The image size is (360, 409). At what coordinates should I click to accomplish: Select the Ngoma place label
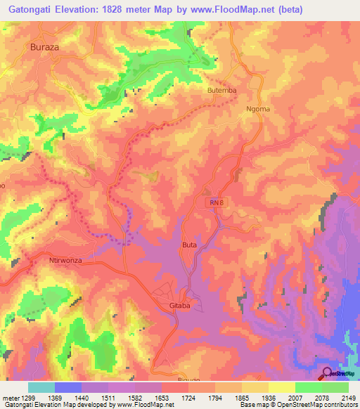(258, 109)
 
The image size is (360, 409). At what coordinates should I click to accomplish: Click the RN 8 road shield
(214, 202)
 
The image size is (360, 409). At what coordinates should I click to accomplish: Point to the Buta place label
(189, 245)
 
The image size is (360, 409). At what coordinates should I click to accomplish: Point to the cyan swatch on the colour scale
(41, 387)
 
